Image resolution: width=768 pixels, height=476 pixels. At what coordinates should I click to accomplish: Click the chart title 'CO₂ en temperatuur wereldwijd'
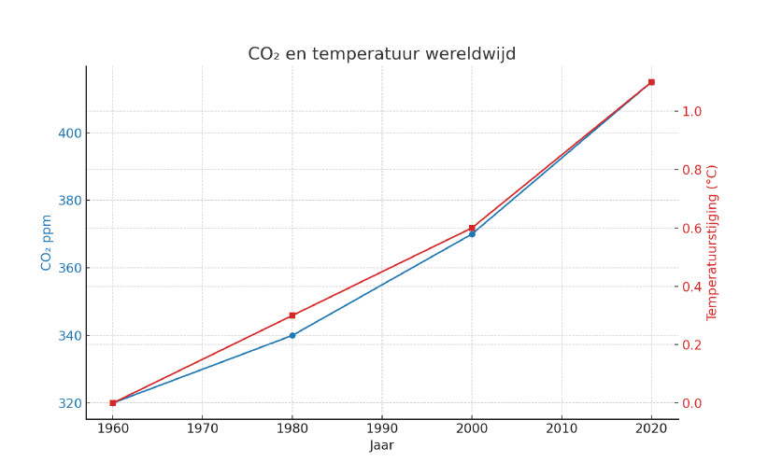tap(381, 54)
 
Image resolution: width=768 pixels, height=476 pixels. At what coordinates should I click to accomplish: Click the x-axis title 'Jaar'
tap(381, 446)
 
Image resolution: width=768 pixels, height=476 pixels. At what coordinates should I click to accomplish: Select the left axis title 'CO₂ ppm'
tap(47, 243)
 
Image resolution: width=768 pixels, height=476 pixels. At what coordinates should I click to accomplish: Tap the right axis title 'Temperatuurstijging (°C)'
tap(712, 243)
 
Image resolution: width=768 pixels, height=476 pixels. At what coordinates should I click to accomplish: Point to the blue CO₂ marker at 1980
tap(292, 335)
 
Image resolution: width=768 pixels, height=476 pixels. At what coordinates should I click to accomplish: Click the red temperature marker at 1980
tap(292, 315)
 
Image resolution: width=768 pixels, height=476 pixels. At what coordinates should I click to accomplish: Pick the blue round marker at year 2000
tap(472, 234)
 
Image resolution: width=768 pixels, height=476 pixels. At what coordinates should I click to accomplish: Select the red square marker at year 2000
tap(472, 228)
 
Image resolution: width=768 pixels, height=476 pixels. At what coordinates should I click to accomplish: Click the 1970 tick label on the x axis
tap(202, 428)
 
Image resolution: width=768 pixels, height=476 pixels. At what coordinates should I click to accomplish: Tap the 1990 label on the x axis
tap(381, 428)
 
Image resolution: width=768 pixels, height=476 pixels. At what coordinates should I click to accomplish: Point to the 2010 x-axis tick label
tap(562, 428)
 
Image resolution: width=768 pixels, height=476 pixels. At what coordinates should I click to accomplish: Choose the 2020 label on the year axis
tap(651, 428)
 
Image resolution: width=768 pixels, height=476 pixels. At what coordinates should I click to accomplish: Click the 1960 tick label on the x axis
tap(112, 428)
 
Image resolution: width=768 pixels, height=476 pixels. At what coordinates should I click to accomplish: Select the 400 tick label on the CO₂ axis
tap(69, 133)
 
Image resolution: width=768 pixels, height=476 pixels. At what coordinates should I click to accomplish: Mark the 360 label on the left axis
tap(69, 269)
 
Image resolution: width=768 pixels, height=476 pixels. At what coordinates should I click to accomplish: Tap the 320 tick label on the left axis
tap(69, 403)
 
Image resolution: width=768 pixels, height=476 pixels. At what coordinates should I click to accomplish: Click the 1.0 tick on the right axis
tap(692, 111)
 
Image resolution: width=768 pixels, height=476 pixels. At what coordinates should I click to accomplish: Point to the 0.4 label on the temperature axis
tap(692, 287)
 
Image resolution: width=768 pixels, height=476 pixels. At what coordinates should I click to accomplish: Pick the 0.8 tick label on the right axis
tap(692, 170)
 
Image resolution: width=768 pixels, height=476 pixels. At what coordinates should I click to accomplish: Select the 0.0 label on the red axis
tap(692, 403)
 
